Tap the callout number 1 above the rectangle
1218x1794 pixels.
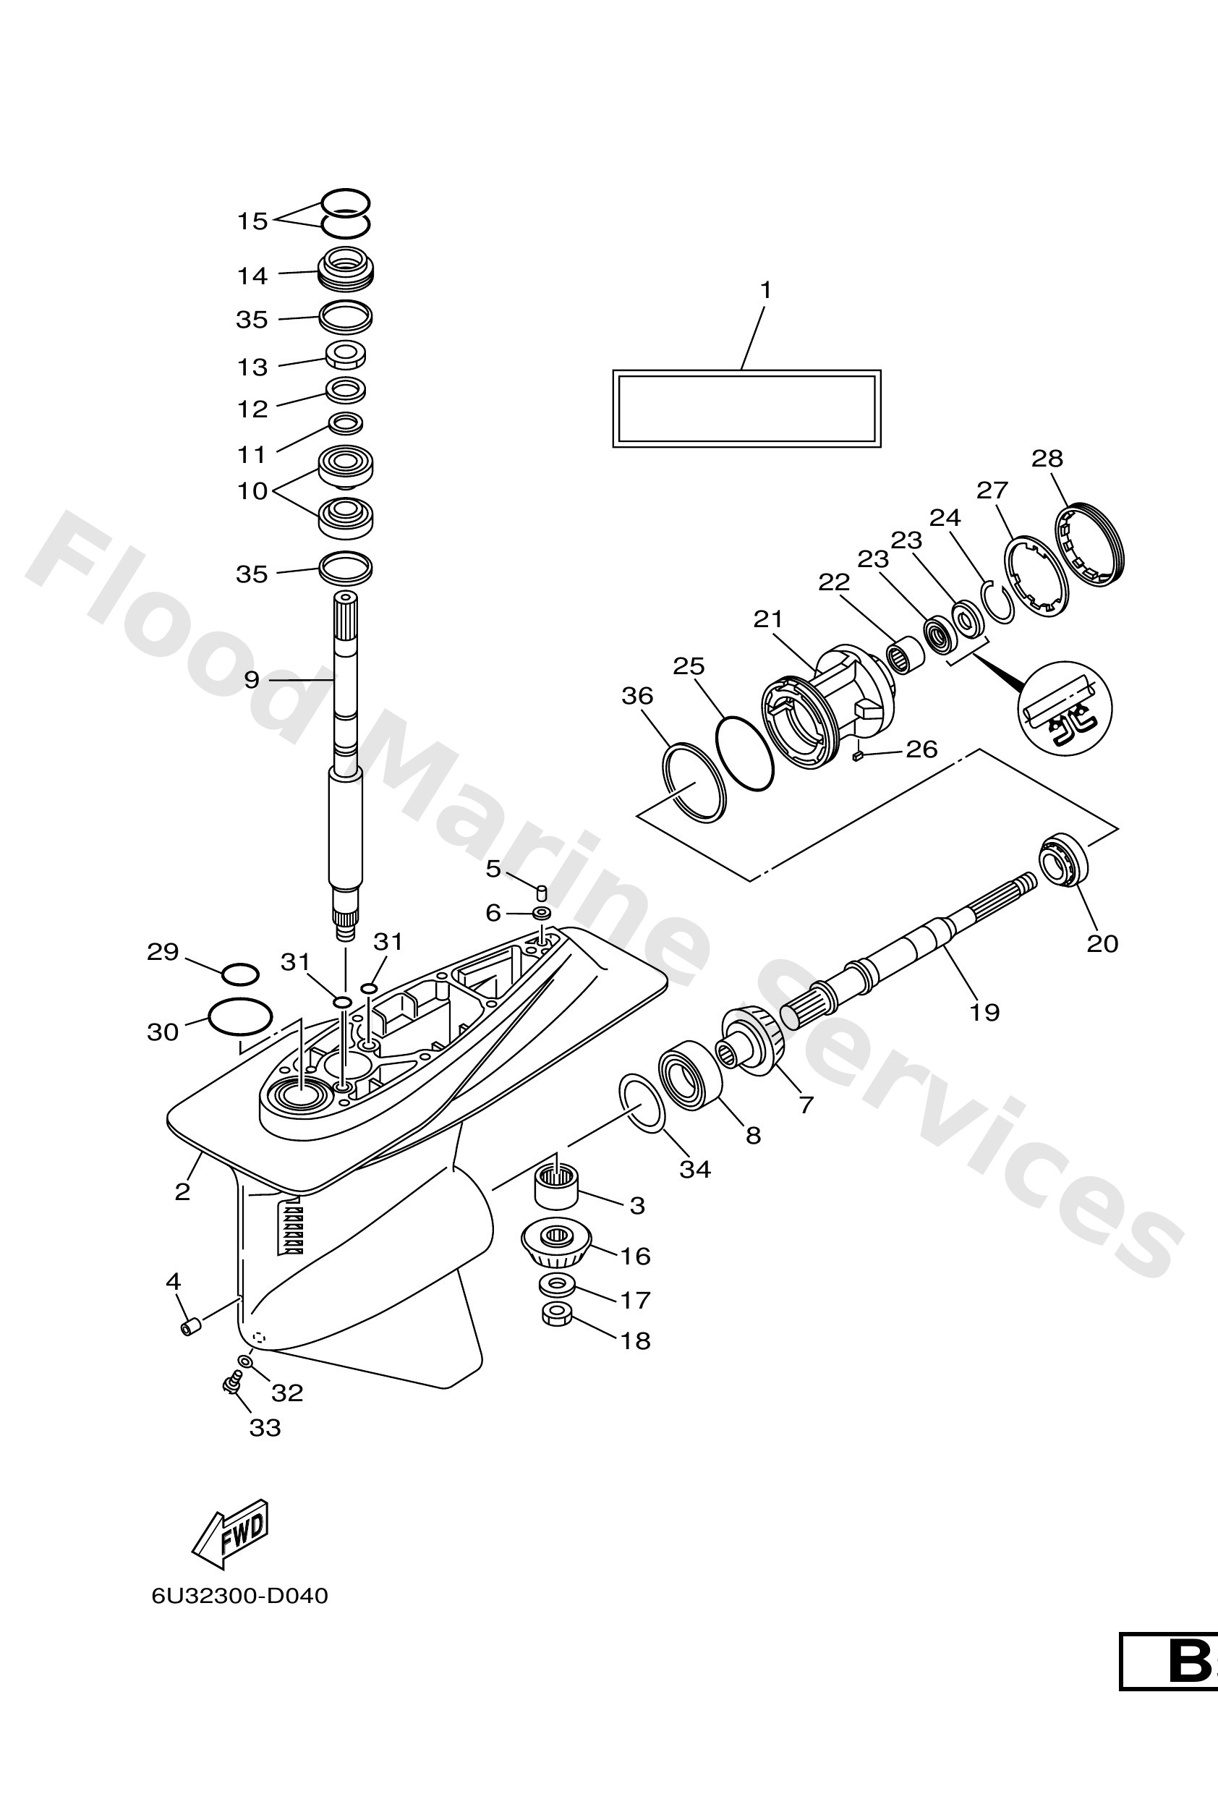tap(765, 290)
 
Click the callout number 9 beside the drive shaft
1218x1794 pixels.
tap(252, 679)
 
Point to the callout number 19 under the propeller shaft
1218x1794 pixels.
tap(984, 1011)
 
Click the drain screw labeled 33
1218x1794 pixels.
tap(229, 1385)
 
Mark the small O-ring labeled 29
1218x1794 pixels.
tap(239, 974)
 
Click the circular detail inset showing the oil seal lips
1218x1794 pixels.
tap(1065, 708)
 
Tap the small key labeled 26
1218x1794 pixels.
tap(857, 757)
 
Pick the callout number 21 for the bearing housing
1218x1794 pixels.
tap(768, 619)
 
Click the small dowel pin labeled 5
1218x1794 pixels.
tap(542, 893)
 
